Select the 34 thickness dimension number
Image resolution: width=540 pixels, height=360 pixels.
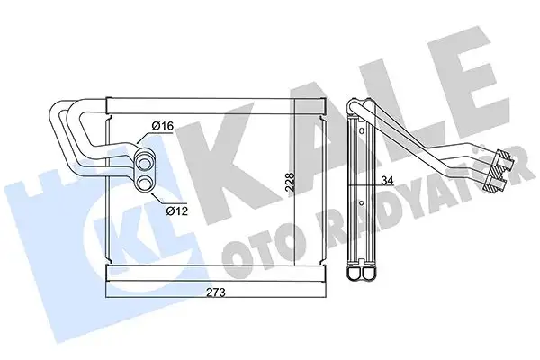coord(386,181)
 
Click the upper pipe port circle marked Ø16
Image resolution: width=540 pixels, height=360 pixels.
coord(144,163)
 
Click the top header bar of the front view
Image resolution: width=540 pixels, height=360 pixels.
coord(213,99)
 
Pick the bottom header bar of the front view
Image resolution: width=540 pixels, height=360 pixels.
coord(213,271)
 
